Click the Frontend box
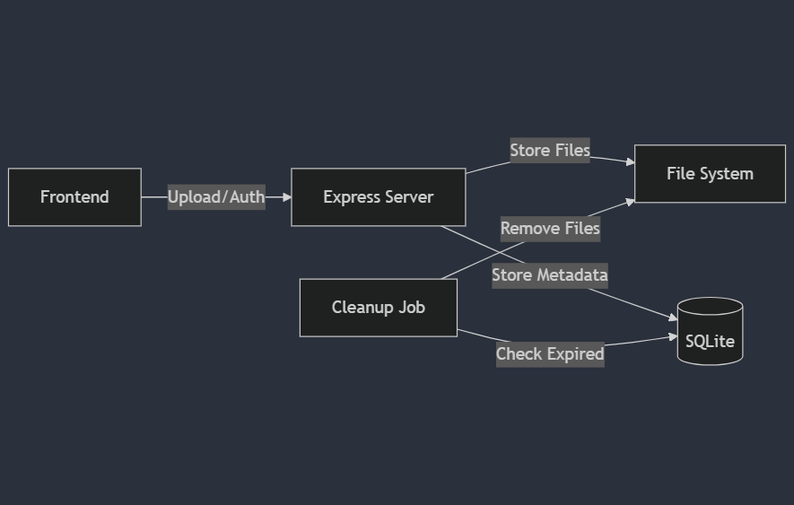point(74,197)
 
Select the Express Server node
point(378,197)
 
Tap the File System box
point(710,174)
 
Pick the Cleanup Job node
point(378,308)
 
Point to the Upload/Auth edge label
point(216,197)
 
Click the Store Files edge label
point(550,151)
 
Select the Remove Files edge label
point(550,229)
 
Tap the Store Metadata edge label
point(550,275)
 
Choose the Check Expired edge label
point(550,354)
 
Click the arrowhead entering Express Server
point(286,197)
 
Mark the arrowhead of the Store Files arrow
point(630,162)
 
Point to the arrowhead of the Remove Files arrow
point(630,202)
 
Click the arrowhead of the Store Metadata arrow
point(672,318)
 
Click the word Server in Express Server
point(408,197)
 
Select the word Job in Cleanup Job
point(413,308)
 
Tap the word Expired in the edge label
point(575,354)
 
